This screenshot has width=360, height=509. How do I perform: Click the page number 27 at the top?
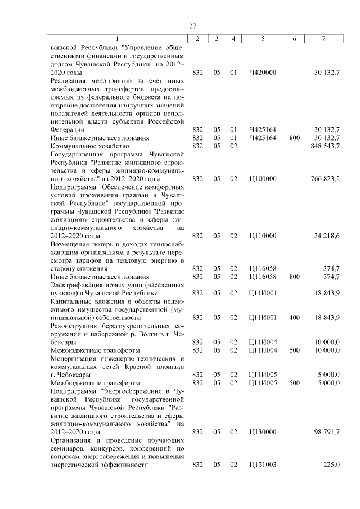[x=192, y=26]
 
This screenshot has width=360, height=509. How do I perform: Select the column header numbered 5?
[x=263, y=38]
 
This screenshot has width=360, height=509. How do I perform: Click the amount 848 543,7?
[x=325, y=146]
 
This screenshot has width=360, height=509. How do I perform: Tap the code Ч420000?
[x=263, y=72]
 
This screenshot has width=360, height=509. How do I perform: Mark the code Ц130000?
[x=263, y=431]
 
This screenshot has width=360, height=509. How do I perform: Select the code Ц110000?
[x=263, y=236]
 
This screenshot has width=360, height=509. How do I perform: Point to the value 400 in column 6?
[x=295, y=317]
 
